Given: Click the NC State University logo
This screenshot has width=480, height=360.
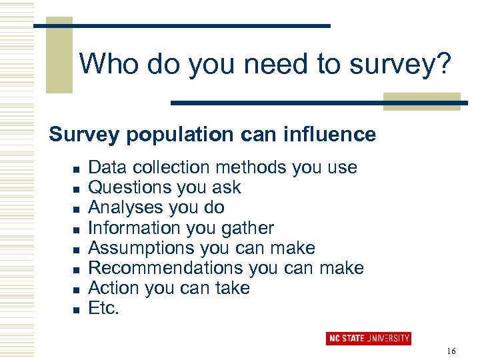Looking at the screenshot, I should (x=368, y=339).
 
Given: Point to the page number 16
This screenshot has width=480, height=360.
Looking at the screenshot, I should (x=451, y=351).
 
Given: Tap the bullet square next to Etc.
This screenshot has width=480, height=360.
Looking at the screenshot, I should (x=77, y=310).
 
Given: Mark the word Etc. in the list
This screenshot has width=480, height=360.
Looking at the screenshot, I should (x=104, y=309).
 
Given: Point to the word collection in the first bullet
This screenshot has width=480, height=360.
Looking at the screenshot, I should (x=175, y=167).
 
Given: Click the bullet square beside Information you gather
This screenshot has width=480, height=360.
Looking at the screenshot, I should (x=77, y=229).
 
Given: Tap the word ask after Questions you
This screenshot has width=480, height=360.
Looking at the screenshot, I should (x=227, y=187).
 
